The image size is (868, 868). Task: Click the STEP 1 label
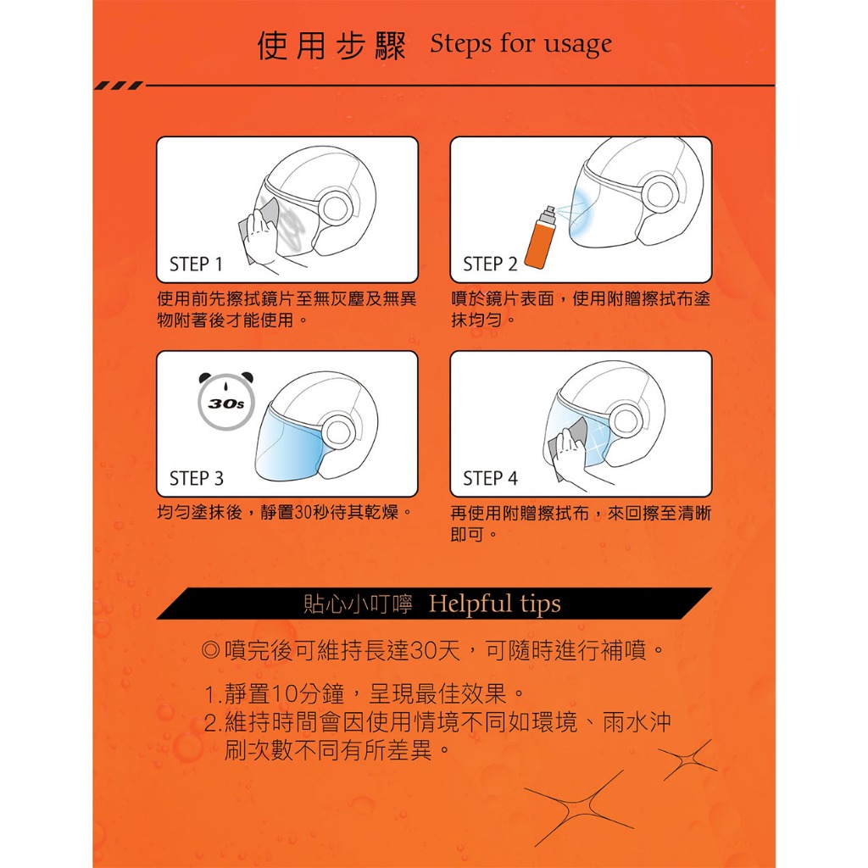coord(196,264)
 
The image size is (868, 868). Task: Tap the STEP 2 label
coord(490,264)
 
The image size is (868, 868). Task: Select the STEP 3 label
coord(197,478)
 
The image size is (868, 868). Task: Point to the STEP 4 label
coord(491,478)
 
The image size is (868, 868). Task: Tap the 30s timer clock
coord(225,401)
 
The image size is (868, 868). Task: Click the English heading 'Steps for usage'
coord(521,44)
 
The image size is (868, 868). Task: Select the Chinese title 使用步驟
coord(331,46)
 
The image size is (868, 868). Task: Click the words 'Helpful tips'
coord(495,604)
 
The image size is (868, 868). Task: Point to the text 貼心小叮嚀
coord(359,604)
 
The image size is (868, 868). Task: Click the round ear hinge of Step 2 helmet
coord(659,195)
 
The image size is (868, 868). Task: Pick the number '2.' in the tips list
coord(214,722)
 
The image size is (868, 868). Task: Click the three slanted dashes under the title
coord(119,86)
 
